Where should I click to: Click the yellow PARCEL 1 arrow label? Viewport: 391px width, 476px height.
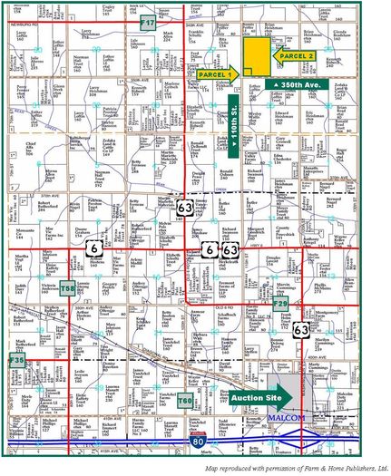[213, 73]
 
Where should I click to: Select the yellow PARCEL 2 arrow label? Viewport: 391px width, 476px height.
[293, 56]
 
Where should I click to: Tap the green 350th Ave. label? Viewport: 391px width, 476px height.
[295, 84]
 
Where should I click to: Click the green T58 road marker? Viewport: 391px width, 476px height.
[67, 289]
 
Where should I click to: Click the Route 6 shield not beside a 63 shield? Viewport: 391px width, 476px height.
[93, 247]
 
